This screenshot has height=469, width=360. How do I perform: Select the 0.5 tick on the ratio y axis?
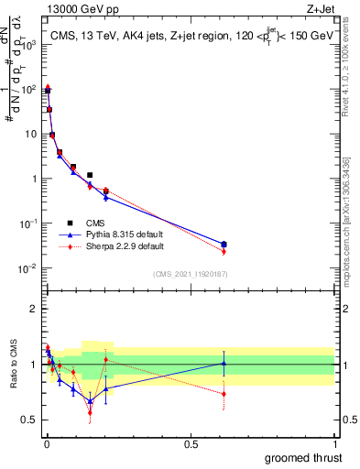33,420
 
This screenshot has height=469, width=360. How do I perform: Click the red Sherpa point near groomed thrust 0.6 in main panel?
224,251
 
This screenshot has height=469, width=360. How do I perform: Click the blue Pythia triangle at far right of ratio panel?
224,363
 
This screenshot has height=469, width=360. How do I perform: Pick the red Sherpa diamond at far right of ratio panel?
224,394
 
